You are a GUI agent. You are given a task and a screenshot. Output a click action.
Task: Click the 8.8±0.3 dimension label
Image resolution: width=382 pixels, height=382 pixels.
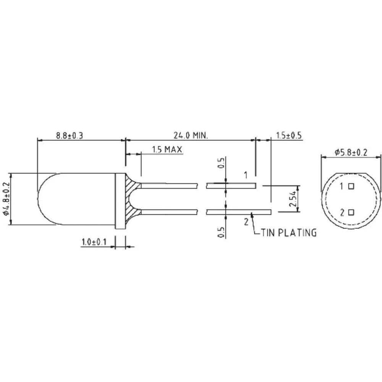70,135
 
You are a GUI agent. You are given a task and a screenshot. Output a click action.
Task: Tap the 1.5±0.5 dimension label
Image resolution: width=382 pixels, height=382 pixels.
289,135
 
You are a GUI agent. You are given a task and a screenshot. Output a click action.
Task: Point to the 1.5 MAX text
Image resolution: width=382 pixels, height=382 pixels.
167,149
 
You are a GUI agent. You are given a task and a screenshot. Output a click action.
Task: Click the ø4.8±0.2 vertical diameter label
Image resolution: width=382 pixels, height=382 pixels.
5,199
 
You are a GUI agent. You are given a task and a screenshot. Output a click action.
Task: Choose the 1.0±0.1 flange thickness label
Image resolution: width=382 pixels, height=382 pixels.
94,242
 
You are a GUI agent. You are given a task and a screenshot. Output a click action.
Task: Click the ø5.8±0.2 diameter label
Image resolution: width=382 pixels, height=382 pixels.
351,152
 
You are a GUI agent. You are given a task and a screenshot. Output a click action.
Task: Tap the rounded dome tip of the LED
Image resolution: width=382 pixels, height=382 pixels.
41,199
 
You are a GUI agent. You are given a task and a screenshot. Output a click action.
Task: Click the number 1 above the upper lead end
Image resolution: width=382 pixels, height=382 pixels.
246,175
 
